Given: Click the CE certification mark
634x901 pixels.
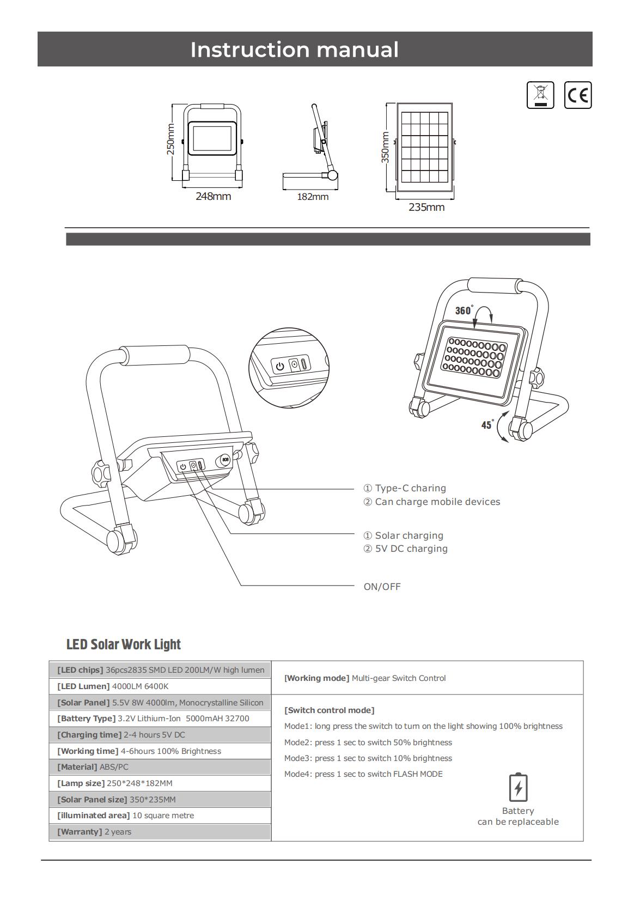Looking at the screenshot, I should pos(577,95).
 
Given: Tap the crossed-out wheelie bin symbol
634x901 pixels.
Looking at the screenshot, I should pos(540,95).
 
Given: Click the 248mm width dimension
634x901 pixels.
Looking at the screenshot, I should pos(213,196).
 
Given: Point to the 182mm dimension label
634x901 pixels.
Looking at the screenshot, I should pos(313,197).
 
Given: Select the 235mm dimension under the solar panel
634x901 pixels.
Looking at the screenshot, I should pos(426,207).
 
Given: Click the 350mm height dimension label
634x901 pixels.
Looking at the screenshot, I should pos(385,147).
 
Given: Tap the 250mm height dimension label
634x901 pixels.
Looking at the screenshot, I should pos(170,139).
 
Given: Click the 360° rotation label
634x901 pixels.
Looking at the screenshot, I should pos(464,310).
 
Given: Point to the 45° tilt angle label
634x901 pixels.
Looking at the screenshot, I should pos(487,424).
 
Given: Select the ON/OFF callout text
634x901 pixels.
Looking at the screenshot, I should pos(382,587).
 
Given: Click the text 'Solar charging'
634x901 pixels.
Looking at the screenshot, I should pos(409,535).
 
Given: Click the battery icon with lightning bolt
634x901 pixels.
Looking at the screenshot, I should pos(518,787).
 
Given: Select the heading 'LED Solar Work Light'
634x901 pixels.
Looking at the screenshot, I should pos(124,644).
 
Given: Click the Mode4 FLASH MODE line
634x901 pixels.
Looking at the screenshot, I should pos(363,774).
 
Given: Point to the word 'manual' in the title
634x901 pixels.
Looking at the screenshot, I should pos(357,50).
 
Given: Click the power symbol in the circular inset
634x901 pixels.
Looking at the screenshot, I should pos(280,366).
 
